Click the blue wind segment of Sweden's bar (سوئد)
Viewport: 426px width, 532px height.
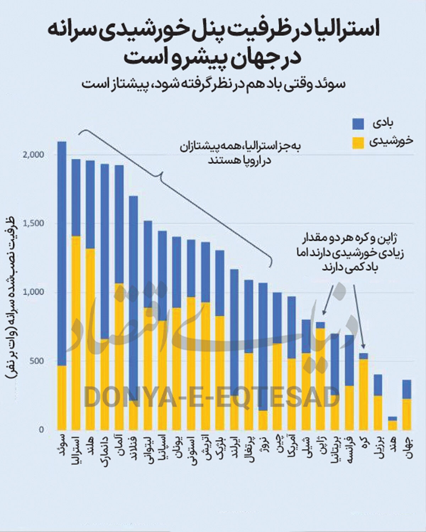click(x=62, y=253)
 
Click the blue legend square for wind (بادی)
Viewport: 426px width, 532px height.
click(x=358, y=124)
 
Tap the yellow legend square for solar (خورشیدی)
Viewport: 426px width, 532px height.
click(x=358, y=143)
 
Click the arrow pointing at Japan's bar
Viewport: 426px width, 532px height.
click(x=328, y=300)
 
